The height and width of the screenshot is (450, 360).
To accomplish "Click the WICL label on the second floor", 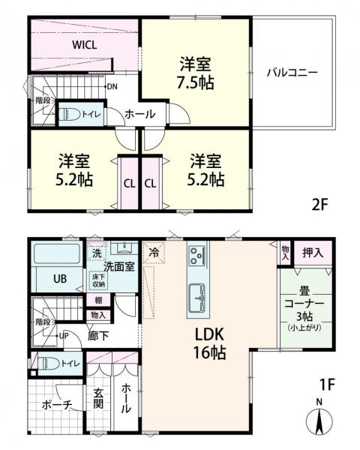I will pos(84,45).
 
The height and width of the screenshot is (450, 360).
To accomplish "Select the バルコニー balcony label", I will pos(292,73).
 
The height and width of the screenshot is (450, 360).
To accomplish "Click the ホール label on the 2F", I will pos(139,115).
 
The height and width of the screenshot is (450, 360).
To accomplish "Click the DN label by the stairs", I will pos(112,87).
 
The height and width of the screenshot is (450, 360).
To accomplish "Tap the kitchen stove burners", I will pos(198,255).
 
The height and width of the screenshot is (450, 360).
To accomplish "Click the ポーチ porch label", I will pos(57,406).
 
